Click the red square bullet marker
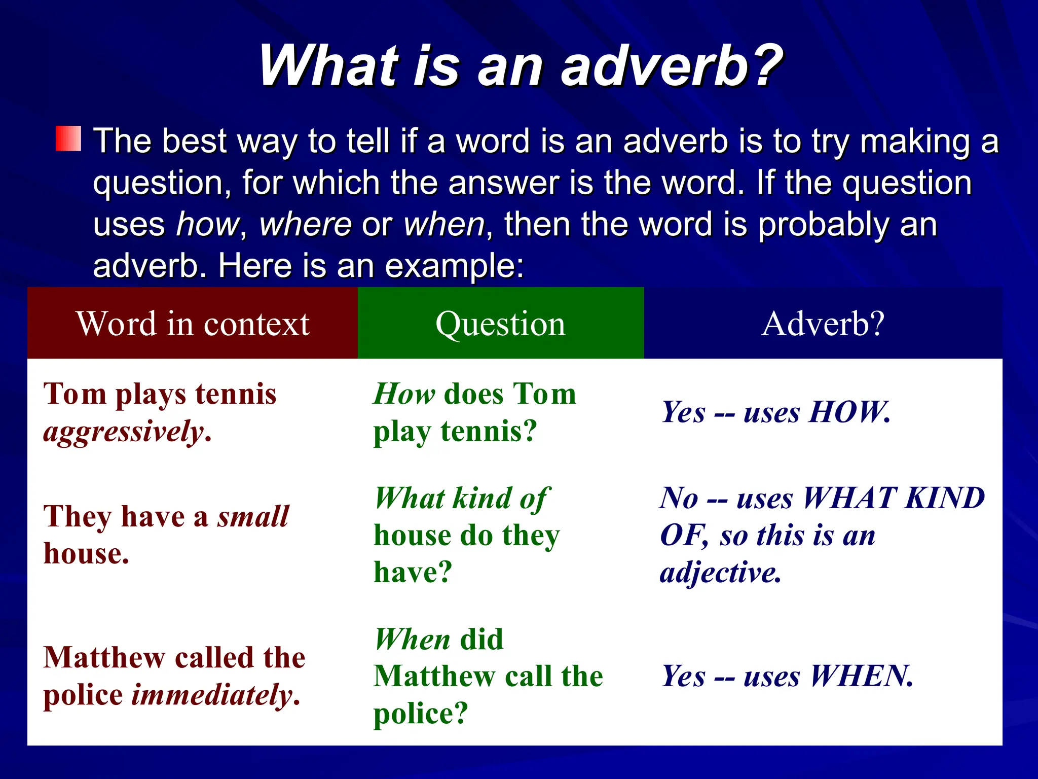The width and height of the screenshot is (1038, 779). (68, 138)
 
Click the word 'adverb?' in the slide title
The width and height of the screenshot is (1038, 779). (672, 66)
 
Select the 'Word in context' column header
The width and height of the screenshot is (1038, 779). (193, 324)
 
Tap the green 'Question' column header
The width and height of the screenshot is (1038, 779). (500, 324)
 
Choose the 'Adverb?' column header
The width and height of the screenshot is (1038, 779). (823, 324)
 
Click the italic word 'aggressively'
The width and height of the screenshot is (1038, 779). (123, 432)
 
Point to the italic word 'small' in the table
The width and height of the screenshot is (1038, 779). (253, 516)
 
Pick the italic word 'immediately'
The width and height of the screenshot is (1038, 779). (212, 695)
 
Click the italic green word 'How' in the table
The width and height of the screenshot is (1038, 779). (404, 394)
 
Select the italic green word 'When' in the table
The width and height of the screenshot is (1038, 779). (413, 639)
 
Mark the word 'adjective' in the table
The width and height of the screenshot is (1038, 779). (720, 573)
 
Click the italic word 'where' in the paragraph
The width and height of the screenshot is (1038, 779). (306, 224)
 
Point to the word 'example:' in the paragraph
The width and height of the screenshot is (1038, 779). (454, 266)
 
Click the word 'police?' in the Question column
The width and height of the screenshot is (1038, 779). (420, 714)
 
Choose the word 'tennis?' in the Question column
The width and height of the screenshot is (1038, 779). (489, 432)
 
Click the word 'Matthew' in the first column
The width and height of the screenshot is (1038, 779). (104, 658)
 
